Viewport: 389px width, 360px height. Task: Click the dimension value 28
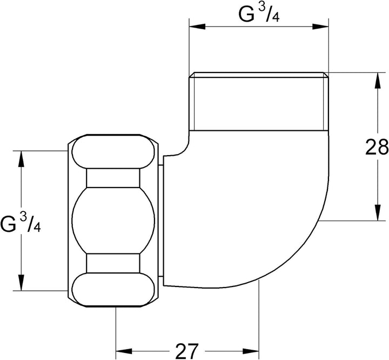[377, 147]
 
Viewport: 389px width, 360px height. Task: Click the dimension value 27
[187, 351]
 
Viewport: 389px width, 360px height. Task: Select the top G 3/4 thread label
[259, 14]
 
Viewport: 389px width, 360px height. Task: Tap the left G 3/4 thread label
[21, 223]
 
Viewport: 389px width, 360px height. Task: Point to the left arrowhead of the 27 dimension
[124, 351]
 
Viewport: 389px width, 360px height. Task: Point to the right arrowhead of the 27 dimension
[251, 351]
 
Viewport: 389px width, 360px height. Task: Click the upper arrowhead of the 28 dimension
[378, 81]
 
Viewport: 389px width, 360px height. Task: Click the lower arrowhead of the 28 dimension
[378, 212]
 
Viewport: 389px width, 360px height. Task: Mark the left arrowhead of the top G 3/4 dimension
[197, 26]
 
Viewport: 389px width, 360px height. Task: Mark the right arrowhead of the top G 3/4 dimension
[320, 26]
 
